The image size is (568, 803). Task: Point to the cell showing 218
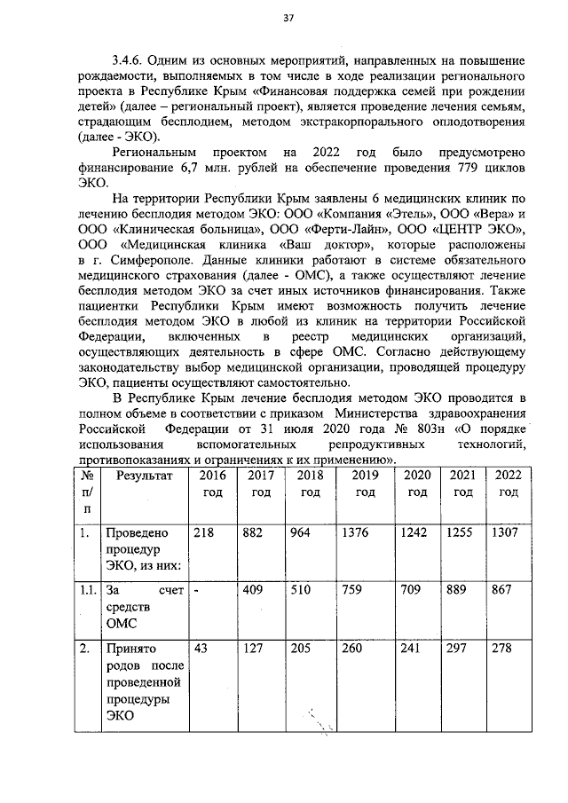coord(206,534)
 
